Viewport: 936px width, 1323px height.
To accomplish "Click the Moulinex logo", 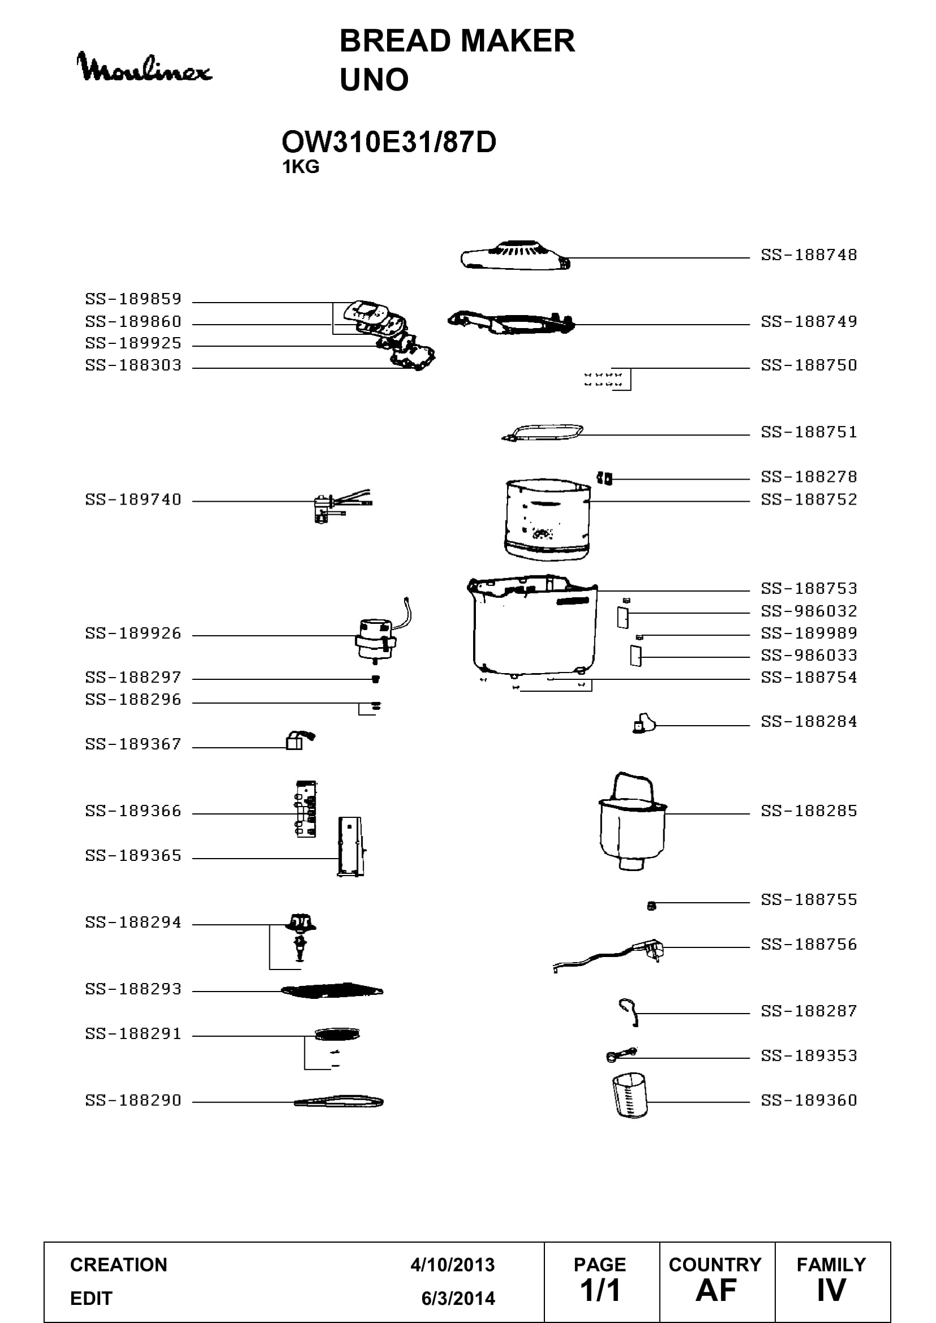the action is click(144, 67).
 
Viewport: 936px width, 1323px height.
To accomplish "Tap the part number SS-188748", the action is click(809, 255).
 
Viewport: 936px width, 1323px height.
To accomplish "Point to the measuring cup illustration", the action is click(630, 1096).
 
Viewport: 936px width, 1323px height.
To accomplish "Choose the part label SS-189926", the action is click(133, 634).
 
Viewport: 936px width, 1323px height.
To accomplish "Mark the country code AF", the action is click(716, 1290).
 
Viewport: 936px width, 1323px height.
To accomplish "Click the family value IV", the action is click(831, 1290).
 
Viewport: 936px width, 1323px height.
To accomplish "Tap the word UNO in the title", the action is click(374, 80).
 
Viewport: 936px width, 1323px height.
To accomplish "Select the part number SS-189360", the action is click(809, 1101).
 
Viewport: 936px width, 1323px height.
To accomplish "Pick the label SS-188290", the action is click(133, 1101).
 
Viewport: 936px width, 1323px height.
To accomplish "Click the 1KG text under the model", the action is click(300, 166).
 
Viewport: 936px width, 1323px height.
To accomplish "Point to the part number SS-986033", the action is click(809, 655).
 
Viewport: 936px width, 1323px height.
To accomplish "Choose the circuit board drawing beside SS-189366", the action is click(306, 809).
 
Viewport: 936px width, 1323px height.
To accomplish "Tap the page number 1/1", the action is click(600, 1290).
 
